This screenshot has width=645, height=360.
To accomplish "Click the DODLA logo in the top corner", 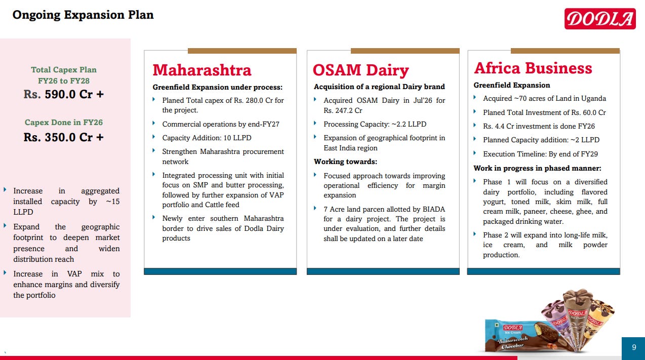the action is click(x=600, y=19).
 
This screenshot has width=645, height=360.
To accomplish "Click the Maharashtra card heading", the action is click(x=202, y=70).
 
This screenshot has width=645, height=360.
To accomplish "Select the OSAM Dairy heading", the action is click(x=361, y=70).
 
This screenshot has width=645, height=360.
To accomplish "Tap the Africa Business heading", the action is click(x=533, y=68).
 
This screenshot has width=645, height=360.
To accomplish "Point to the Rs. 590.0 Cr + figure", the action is click(x=64, y=94).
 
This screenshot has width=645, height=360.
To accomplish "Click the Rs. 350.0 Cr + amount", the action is click(x=64, y=137).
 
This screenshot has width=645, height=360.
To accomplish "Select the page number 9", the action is click(x=634, y=347).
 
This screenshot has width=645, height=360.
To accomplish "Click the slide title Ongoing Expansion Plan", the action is click(x=83, y=15).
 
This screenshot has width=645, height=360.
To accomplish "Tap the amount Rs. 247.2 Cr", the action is click(x=343, y=110).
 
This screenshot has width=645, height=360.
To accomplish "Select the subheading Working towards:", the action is click(x=345, y=162).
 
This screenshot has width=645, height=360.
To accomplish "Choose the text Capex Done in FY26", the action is click(x=64, y=123).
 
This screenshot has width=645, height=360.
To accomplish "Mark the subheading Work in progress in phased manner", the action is click(x=537, y=168).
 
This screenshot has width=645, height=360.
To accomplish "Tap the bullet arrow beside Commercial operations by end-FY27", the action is click(x=154, y=123).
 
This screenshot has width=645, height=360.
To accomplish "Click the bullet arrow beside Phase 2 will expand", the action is click(x=474, y=234).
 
